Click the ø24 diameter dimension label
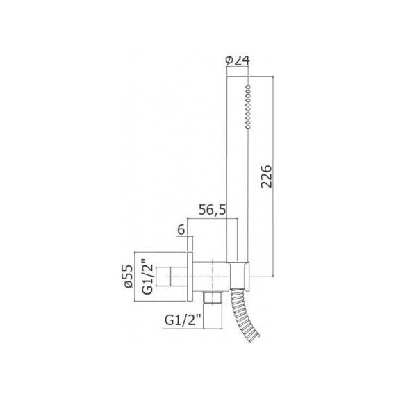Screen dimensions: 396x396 pos(238,60)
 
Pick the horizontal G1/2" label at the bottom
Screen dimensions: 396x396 pos(183,320)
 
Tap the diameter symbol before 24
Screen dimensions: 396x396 pos(230,60)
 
